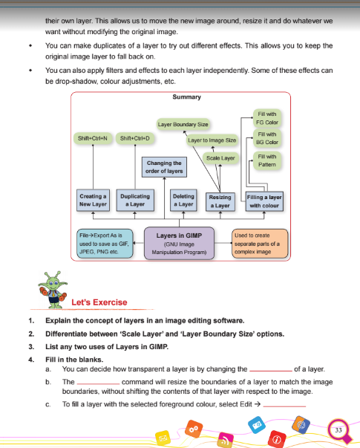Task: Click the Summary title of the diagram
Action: (x=180, y=97)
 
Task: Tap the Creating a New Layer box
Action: (x=94, y=201)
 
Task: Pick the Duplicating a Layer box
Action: (x=135, y=201)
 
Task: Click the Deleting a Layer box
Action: (x=183, y=201)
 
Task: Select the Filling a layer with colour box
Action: (x=265, y=201)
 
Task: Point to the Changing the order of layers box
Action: (x=165, y=166)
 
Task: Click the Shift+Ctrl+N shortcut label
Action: (x=92, y=138)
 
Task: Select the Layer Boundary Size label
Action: (x=183, y=123)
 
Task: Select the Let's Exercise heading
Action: (x=99, y=302)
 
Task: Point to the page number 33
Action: (x=338, y=429)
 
